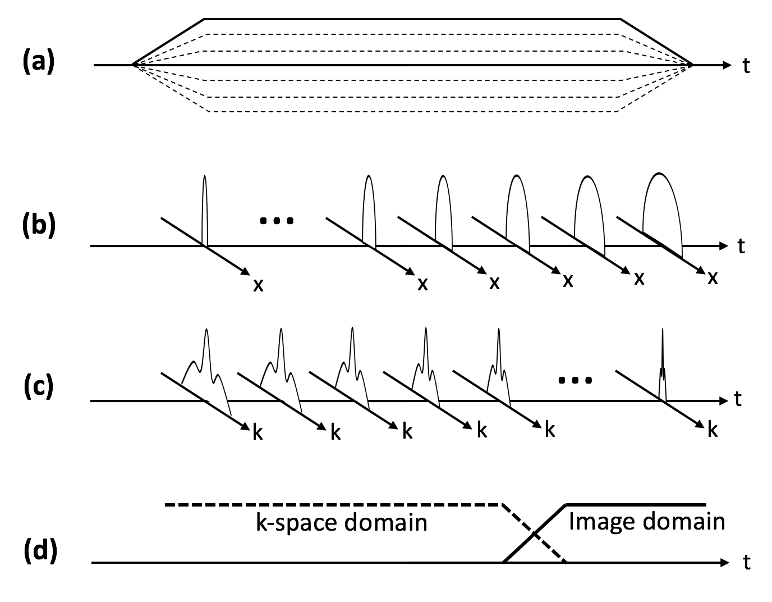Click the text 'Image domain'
[x=646, y=522]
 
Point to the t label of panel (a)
[x=746, y=66]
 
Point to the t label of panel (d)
[x=746, y=563]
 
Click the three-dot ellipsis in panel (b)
[x=277, y=221]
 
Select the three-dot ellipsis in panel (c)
[x=575, y=381]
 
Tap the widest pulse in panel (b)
[x=662, y=208]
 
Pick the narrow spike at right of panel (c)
[x=663, y=365]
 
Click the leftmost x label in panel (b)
[x=258, y=285]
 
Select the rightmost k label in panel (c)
[x=712, y=430]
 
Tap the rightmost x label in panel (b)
[x=713, y=278]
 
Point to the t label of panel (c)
[x=738, y=399]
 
